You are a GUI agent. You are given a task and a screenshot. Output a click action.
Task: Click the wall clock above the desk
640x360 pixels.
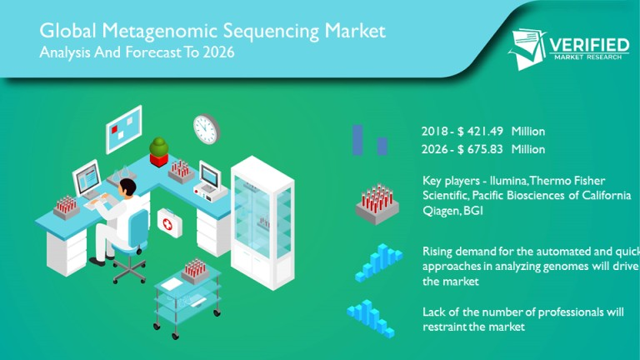[205, 128]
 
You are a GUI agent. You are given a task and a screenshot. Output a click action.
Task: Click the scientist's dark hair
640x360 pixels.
[124, 185]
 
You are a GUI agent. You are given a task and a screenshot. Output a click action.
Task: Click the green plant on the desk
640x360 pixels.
[159, 149]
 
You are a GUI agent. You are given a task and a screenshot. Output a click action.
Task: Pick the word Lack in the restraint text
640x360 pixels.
[435, 312]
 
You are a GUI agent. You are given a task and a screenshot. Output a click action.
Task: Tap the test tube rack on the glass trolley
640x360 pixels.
[194, 268]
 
